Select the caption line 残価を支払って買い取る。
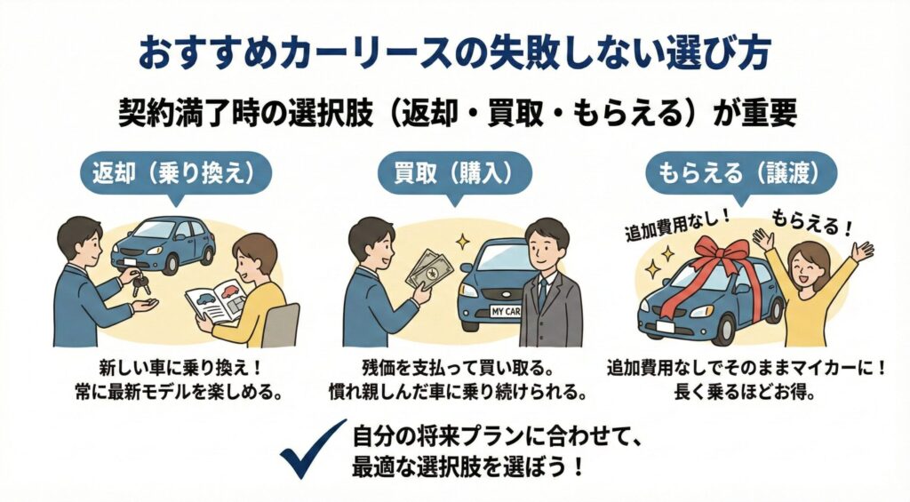point(456,367)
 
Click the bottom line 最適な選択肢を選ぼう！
point(468,466)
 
